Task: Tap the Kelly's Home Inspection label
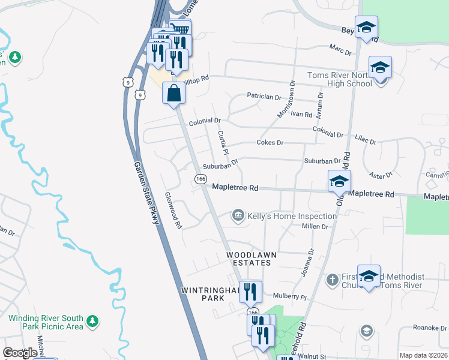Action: click(292, 216)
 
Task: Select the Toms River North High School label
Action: click(339, 79)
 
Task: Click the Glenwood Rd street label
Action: click(173, 211)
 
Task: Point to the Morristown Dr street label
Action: click(285, 100)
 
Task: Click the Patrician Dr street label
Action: click(264, 97)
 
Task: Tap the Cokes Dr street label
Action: click(270, 143)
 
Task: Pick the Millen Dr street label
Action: click(316, 227)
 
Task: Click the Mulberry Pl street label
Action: click(289, 296)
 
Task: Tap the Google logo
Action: click(20, 353)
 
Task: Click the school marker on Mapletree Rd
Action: click(339, 181)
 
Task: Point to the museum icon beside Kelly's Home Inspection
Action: click(238, 215)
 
